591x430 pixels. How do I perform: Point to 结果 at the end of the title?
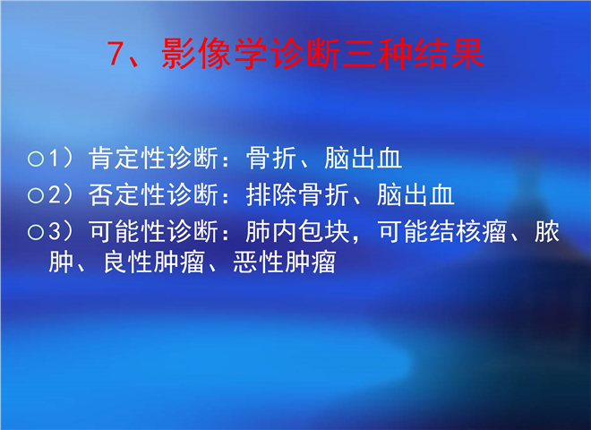click(x=449, y=53)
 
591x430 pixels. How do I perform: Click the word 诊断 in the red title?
click(x=305, y=53)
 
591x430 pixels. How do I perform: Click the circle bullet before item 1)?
click(x=36, y=159)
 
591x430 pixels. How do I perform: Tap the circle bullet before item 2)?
click(x=36, y=195)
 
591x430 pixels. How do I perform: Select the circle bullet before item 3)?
click(x=36, y=232)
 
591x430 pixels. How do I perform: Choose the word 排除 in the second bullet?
click(x=271, y=194)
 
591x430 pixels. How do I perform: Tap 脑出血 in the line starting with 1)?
click(x=363, y=158)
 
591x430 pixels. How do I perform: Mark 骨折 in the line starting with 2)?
click(x=323, y=194)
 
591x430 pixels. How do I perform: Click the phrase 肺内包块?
click(x=297, y=231)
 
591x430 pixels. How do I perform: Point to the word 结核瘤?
click(x=467, y=231)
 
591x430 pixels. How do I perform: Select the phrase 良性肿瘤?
click(x=154, y=262)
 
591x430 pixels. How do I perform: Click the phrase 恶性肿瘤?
click(x=285, y=262)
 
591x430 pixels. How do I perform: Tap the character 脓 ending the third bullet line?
click(x=547, y=231)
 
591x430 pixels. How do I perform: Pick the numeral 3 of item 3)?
click(x=55, y=231)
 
